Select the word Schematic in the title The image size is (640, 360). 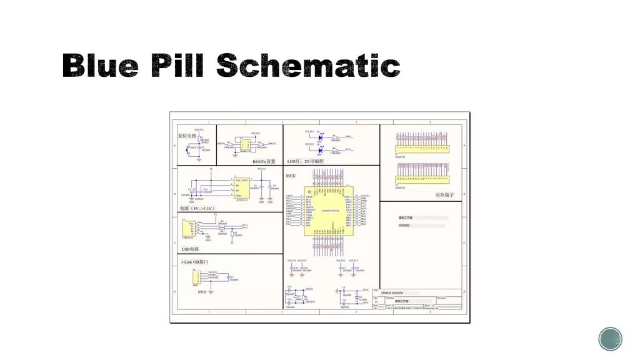[x=309, y=66]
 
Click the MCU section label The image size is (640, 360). [x=291, y=176]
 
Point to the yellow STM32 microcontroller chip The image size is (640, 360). [x=328, y=211]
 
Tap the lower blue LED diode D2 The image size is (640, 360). [x=319, y=149]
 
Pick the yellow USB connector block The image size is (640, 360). [x=186, y=229]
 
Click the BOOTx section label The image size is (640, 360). [x=264, y=161]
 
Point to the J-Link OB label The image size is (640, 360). [x=194, y=261]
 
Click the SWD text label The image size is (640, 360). [x=202, y=292]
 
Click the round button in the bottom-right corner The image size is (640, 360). [x=610, y=339]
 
